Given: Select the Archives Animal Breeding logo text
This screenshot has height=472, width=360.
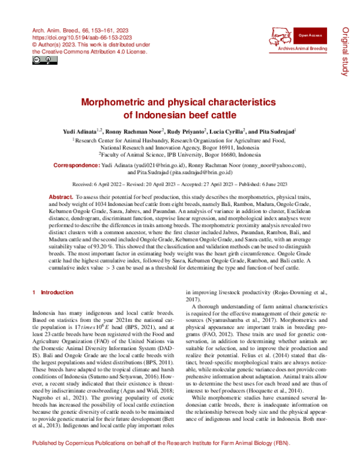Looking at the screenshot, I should (304, 47).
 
